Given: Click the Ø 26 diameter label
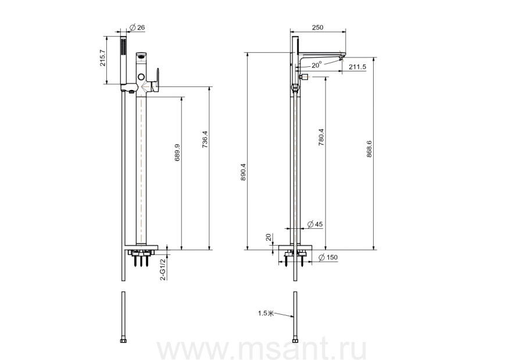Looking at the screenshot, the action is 137,27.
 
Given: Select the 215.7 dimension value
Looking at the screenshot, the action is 102,58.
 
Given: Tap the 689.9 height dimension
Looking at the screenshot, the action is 177,152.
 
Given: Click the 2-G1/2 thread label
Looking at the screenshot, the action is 163,269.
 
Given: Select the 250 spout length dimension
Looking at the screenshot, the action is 317,27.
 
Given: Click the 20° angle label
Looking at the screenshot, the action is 317,64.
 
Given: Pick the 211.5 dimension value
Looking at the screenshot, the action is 357,67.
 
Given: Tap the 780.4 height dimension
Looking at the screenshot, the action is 321,138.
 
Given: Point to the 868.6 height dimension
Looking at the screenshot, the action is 369,149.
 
